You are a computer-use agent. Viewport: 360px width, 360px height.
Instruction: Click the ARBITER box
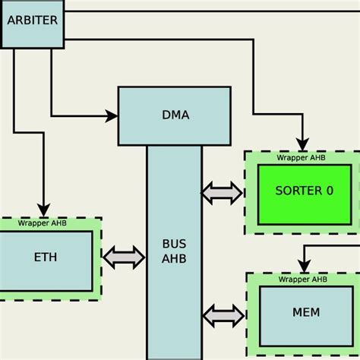[31, 21]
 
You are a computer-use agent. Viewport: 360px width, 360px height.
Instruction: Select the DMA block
[174, 115]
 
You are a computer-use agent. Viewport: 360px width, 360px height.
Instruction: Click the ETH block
[45, 257]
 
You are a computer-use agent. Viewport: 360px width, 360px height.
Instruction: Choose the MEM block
[305, 313]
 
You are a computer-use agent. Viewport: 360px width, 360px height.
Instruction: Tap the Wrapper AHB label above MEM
[302, 279]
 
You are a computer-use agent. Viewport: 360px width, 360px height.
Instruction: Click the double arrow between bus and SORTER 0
[222, 193]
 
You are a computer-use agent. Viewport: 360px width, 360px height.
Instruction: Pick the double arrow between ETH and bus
[123, 257]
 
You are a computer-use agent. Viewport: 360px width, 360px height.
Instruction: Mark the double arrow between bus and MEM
[223, 314]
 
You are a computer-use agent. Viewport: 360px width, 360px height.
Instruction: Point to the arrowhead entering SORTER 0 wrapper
[302, 144]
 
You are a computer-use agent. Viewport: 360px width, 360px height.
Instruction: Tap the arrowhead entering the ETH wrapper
[43, 210]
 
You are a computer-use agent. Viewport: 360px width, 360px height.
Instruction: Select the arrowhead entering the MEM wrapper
[303, 267]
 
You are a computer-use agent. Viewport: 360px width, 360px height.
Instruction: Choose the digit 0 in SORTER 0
[329, 191]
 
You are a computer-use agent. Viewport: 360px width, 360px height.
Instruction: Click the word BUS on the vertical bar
[174, 245]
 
